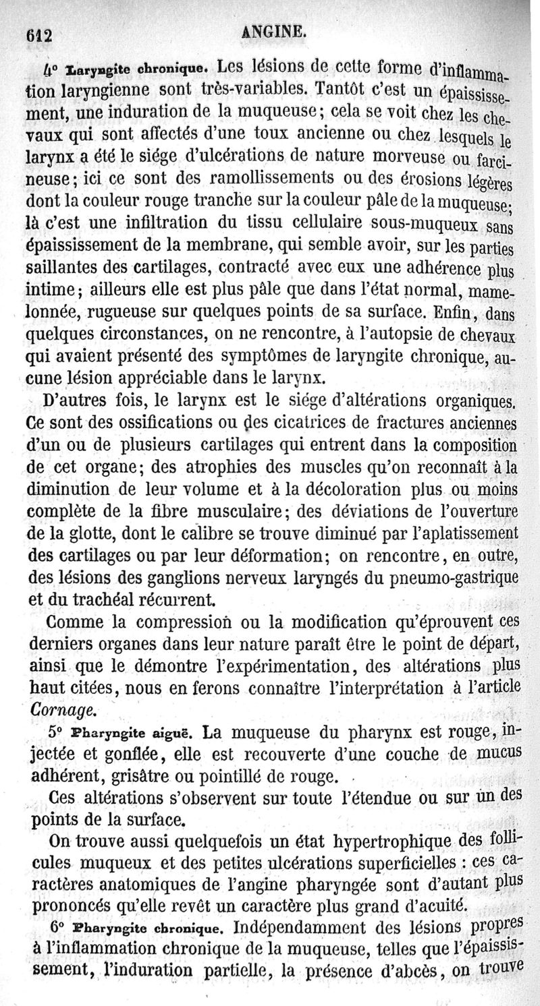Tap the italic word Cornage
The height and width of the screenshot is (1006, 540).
click(x=62, y=709)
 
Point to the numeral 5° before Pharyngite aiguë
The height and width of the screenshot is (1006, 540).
click(x=59, y=732)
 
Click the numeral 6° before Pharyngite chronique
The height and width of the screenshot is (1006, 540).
click(x=59, y=928)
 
